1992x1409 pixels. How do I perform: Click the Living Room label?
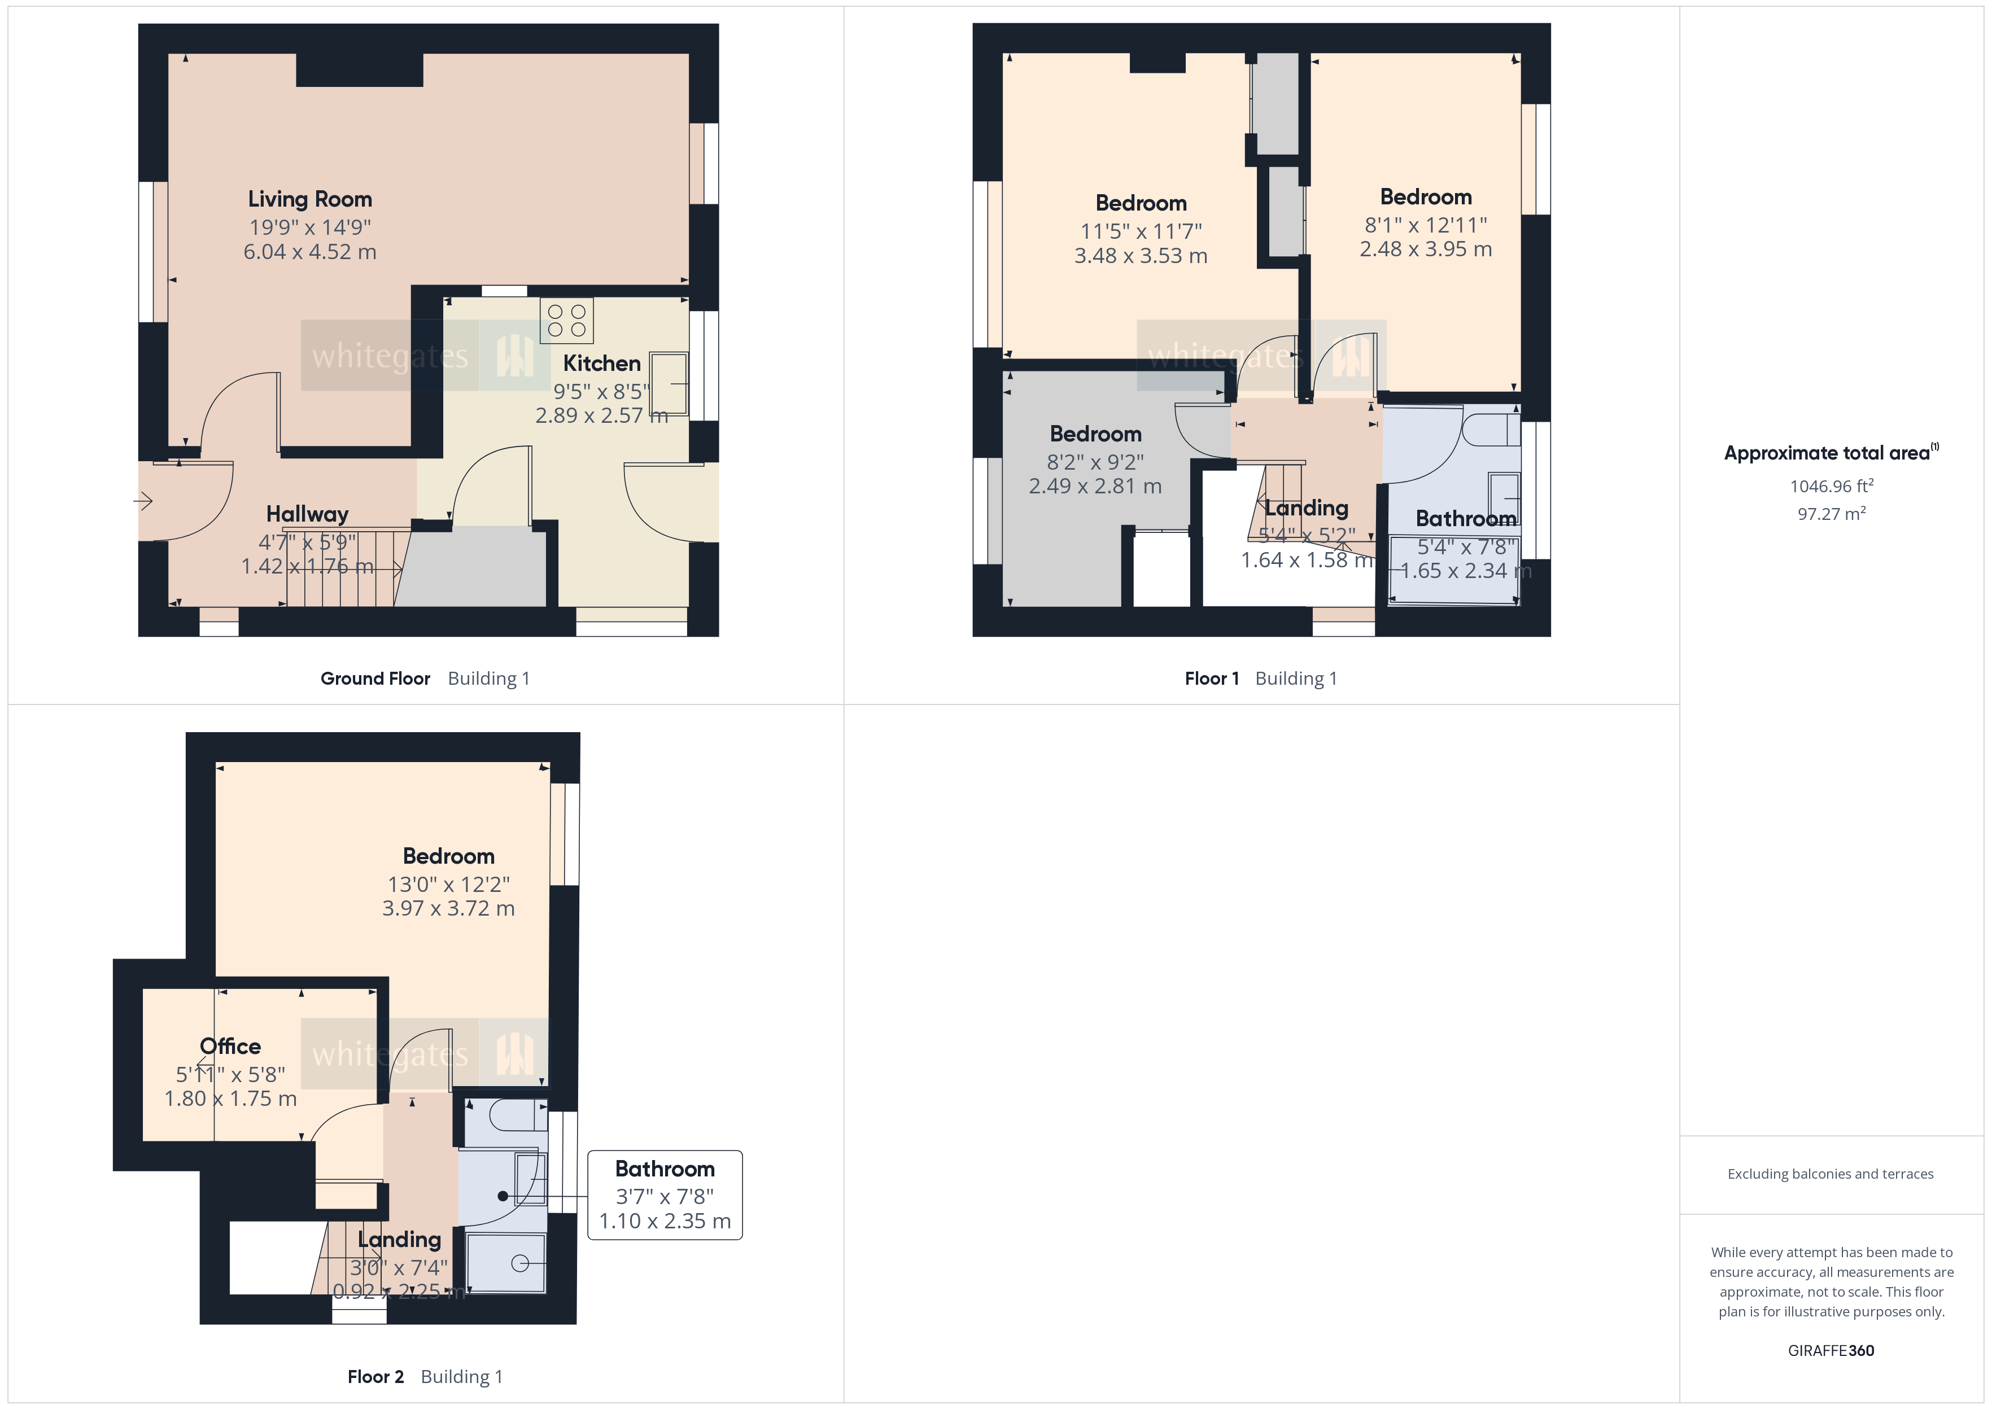coord(310,199)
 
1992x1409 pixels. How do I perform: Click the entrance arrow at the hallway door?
coord(143,501)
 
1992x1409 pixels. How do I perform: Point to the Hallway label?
coord(307,514)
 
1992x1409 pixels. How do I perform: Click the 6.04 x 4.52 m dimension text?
coord(310,252)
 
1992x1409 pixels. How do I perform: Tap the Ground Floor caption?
coord(375,679)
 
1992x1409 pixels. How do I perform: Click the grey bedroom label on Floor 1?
coord(1095,434)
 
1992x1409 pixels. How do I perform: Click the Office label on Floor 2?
coord(230,1047)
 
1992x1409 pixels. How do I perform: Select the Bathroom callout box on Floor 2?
coord(665,1194)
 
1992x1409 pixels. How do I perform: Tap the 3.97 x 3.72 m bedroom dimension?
coord(448,908)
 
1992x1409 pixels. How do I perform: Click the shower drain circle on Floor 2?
coord(519,1263)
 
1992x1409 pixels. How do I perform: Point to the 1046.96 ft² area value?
coord(1831,487)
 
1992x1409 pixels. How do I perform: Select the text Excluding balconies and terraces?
coord(1830,1174)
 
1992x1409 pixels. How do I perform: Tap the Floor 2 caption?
coord(375,1377)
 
